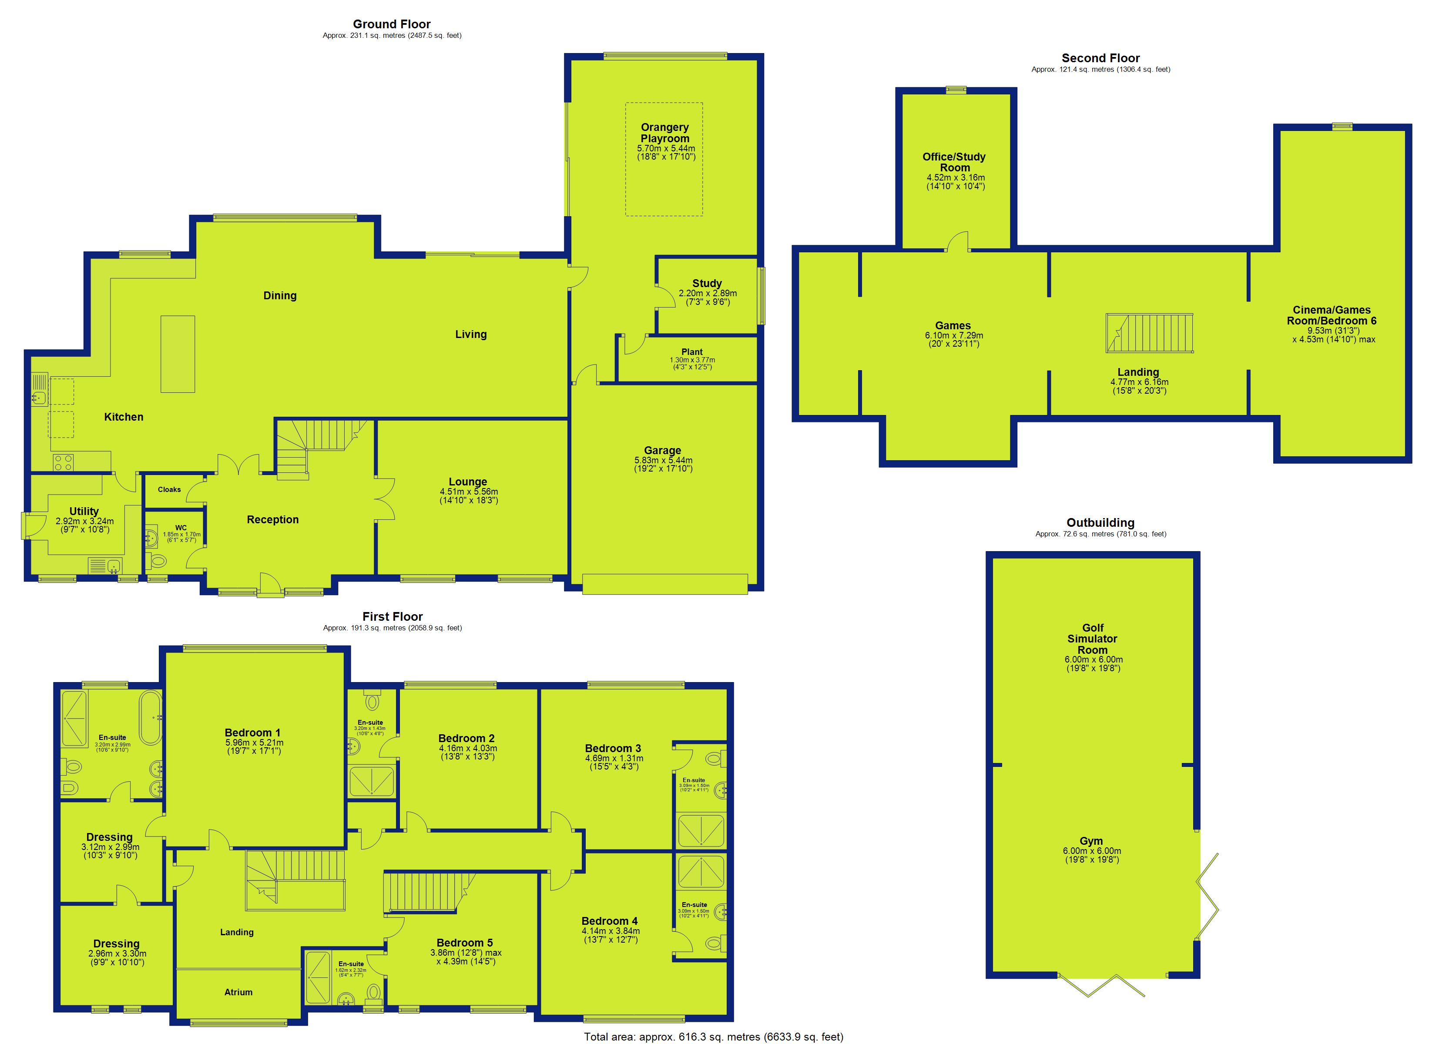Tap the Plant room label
click(x=692, y=352)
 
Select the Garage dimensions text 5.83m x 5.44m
click(x=663, y=460)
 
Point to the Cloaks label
click(x=169, y=489)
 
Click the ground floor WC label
click(x=181, y=527)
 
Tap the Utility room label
click(x=84, y=511)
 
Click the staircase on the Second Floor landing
click(x=1149, y=332)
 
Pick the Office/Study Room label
click(x=954, y=162)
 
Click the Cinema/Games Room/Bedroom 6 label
click(x=1331, y=315)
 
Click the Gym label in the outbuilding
click(x=1091, y=841)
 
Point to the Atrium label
click(x=238, y=992)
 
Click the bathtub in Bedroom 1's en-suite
click(x=151, y=717)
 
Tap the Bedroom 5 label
click(x=464, y=943)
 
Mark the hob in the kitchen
click(x=64, y=462)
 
